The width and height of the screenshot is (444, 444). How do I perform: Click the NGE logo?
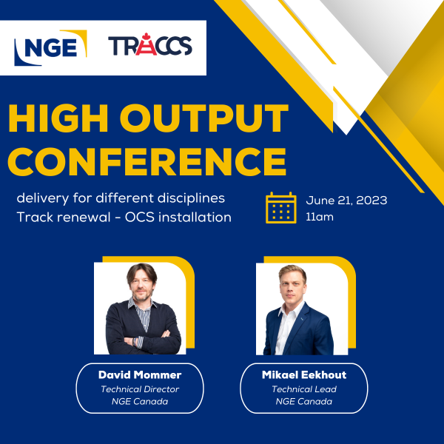[x=50, y=48]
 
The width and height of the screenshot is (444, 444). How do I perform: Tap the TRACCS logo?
[x=150, y=44]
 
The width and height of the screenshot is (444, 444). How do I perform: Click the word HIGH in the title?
[x=58, y=118]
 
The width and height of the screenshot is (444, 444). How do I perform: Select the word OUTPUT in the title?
[x=204, y=118]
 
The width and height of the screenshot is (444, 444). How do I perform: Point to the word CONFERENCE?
[x=147, y=161]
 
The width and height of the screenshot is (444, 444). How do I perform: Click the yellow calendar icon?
[x=281, y=207]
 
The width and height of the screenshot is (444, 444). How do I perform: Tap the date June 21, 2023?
[x=346, y=201]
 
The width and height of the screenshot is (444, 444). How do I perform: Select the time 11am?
[x=320, y=217]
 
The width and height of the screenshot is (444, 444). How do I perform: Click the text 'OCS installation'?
[x=178, y=217]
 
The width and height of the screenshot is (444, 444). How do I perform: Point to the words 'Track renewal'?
[x=64, y=217]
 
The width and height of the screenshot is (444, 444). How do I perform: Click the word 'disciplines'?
[x=191, y=198]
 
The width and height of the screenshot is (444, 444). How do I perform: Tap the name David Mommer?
[x=140, y=374]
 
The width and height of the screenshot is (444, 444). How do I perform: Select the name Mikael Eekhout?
[x=304, y=374]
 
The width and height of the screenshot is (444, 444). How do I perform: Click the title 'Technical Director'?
[x=140, y=389]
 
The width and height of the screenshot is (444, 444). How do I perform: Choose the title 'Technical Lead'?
[x=304, y=389]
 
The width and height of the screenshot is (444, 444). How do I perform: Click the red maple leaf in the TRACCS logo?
[x=146, y=36]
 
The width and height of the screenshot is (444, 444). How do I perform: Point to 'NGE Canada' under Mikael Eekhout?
[x=304, y=401]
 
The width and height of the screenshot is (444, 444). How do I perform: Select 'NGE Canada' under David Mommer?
[x=140, y=401]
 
